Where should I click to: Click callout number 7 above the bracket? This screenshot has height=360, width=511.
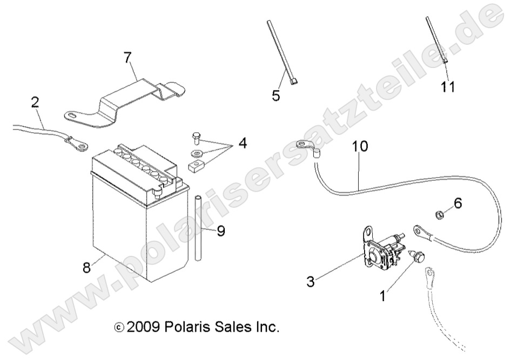127,56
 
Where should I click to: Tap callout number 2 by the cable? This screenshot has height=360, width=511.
35,102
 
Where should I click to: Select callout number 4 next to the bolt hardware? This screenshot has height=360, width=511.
243,144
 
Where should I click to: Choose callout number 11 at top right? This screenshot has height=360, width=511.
447,86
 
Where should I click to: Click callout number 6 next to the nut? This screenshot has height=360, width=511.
458,203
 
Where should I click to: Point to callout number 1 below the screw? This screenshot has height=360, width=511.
382,296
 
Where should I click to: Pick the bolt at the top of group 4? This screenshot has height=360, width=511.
197,135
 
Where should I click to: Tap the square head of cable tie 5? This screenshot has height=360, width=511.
293,82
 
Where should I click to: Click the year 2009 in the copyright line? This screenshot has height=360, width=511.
143,327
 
